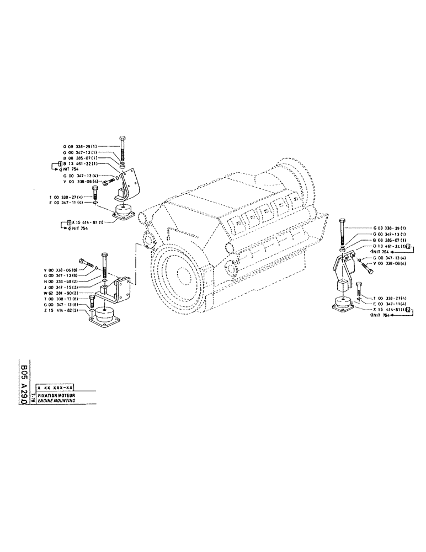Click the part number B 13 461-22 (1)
[x=81, y=164]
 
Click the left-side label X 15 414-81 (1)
[x=86, y=223]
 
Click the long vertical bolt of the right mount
[x=343, y=232]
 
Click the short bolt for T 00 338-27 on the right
[x=359, y=290]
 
